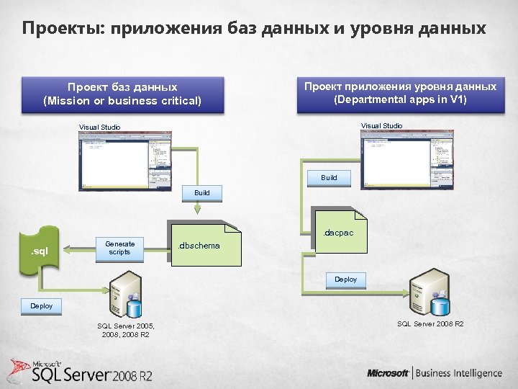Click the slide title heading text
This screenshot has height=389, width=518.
tap(253, 29)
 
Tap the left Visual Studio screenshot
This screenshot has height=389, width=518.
tap(126, 164)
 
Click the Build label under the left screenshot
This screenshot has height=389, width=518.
tap(202, 193)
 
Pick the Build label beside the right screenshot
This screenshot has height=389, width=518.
tap(329, 177)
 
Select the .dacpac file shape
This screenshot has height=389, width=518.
tap(339, 233)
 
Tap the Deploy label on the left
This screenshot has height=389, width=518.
tap(41, 305)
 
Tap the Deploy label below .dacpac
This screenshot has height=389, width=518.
tap(345, 279)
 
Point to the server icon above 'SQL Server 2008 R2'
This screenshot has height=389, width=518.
tap(430, 294)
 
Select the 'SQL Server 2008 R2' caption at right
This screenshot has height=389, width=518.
tap(430, 324)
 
